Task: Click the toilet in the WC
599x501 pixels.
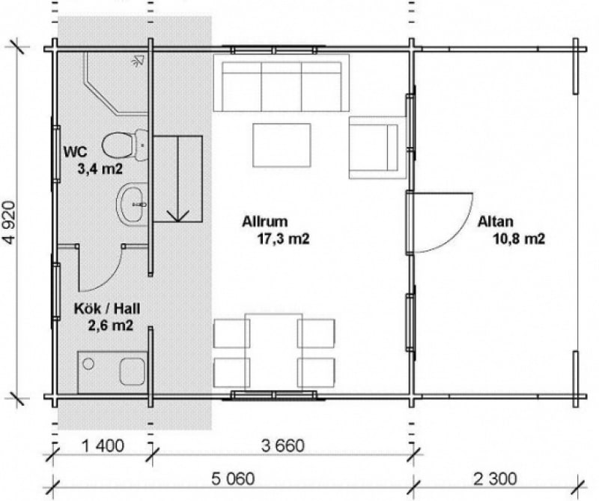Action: pos(124,145)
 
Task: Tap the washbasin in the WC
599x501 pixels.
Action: pos(133,204)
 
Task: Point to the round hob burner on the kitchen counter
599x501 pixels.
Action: pos(88,364)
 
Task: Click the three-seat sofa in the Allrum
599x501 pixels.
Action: pos(282,83)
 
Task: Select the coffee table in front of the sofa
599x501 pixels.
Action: pos(282,145)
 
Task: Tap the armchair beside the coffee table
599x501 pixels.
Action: pos(377,148)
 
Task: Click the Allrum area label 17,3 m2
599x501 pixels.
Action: pos(283,238)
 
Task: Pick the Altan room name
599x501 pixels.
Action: pos(496,221)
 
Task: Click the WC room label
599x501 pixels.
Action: pos(76,152)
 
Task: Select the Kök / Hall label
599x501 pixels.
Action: pos(107,308)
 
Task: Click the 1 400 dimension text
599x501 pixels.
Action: pos(103,446)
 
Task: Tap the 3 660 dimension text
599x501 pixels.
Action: pos(283,446)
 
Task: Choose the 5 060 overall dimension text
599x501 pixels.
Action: pos(233,479)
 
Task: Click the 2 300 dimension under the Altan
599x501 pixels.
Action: pos(495,479)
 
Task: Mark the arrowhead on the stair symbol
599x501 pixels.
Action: pos(178,216)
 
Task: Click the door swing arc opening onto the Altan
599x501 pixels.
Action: pos(453,234)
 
